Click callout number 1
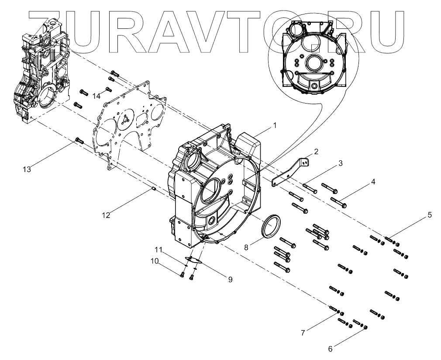click(275, 125)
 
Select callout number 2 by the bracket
click(315, 152)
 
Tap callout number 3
click(340, 163)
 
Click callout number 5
click(430, 215)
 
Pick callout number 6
click(331, 349)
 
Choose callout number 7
click(302, 333)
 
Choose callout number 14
click(96, 96)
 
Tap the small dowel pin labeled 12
click(154, 188)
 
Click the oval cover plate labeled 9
click(193, 260)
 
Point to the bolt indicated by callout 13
click(79, 140)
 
